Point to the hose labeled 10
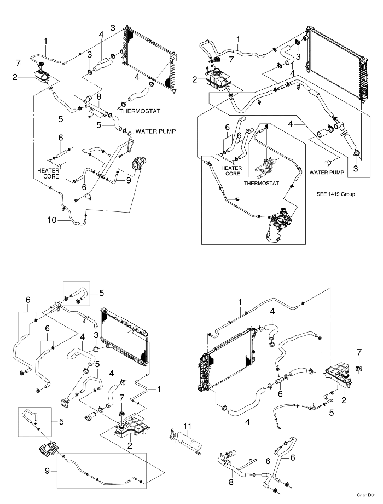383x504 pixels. pos(74,221)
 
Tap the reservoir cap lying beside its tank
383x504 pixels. pos(359,368)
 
